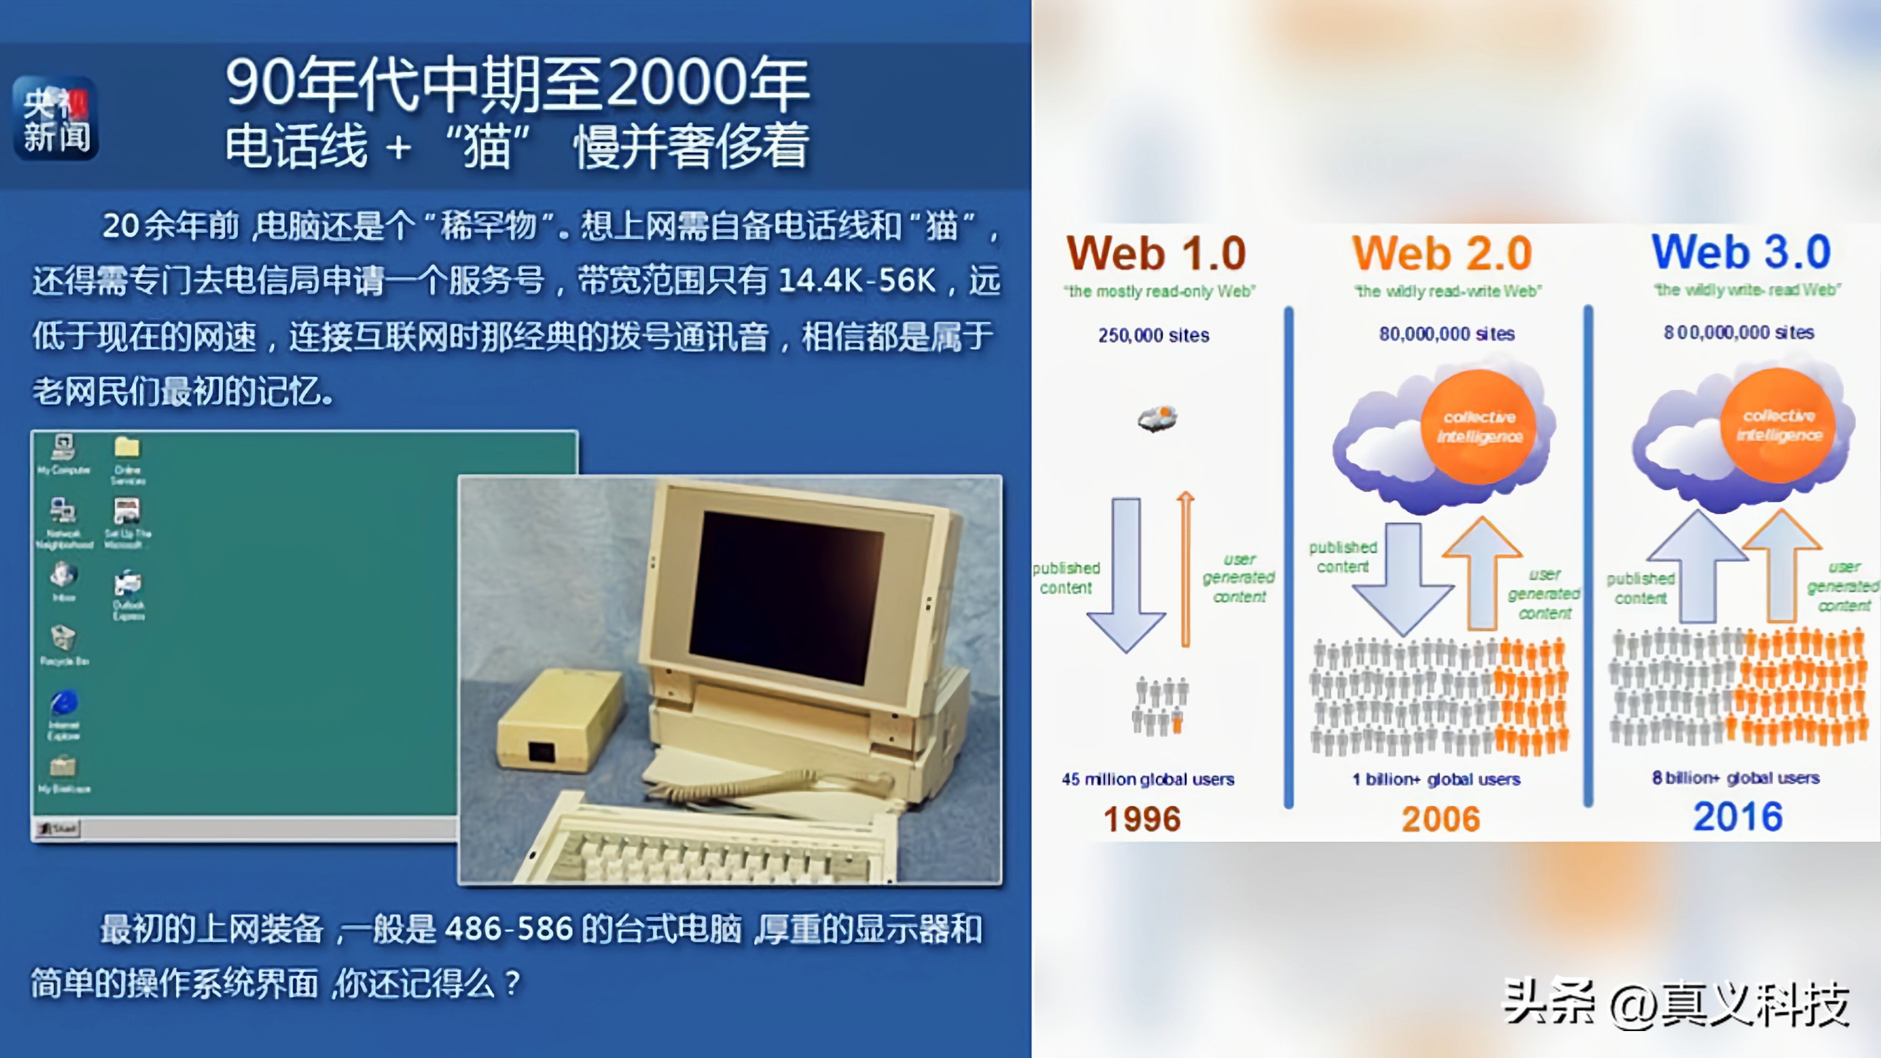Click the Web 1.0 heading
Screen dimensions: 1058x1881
[x=1156, y=253]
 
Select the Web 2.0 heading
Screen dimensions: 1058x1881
[x=1441, y=253]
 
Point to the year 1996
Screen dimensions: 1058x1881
[x=1142, y=819]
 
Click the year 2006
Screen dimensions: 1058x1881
[x=1441, y=819]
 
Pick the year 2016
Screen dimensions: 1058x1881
[x=1738, y=816]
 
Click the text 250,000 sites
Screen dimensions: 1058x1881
[x=1154, y=335]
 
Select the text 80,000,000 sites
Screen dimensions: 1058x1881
[x=1446, y=333]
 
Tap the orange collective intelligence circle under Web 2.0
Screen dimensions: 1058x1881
[x=1478, y=427]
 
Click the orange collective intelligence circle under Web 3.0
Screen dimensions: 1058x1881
[x=1778, y=426]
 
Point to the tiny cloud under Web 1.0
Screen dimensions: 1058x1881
[x=1157, y=419]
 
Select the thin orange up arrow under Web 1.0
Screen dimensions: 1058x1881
[x=1186, y=570]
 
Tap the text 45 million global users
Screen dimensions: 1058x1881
[x=1148, y=779]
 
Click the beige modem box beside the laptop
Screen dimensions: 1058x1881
[x=560, y=723]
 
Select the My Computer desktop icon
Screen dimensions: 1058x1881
[x=63, y=453]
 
